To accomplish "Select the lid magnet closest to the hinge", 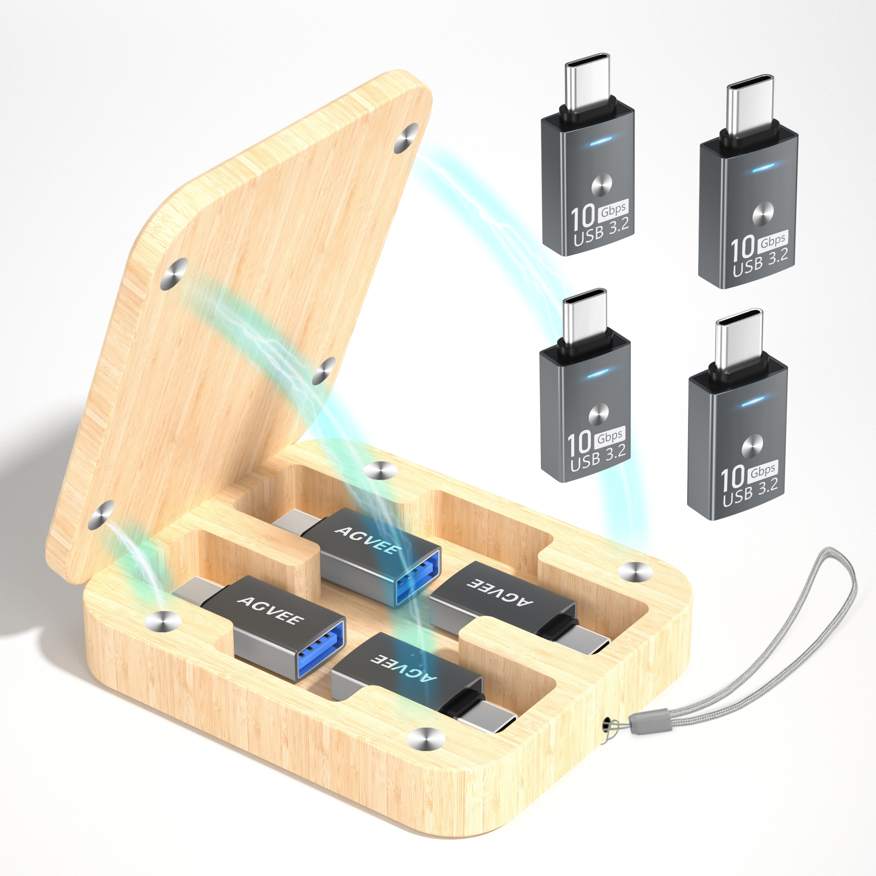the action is point(101,515).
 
